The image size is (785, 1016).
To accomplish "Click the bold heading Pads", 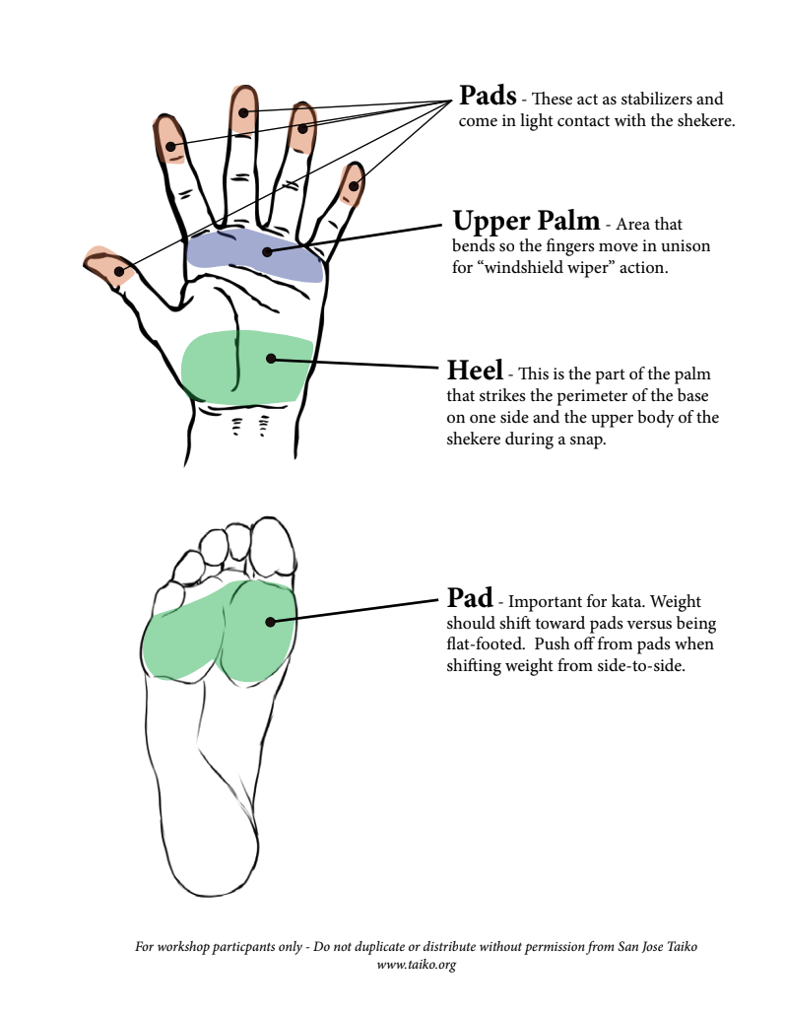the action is pos(488,96).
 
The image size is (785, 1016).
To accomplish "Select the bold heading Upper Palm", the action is pos(525,221).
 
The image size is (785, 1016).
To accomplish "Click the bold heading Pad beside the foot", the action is pos(470,597).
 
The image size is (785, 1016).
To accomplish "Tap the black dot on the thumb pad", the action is pos(119,271).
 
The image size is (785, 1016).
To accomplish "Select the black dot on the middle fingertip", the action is pos(243,113).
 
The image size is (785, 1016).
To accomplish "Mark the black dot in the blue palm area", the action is pos(267,251).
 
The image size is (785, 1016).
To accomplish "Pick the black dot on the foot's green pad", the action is pos(268,621).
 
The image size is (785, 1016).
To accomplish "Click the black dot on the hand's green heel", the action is pos(269,359).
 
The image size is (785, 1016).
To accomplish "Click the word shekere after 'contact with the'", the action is pos(703,121).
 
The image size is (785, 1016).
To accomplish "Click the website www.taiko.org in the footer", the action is pos(416,965).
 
